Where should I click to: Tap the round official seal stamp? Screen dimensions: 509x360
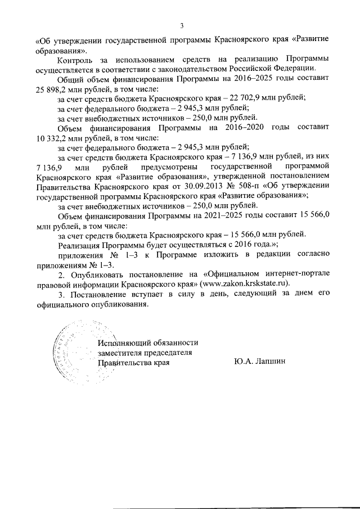pos(70,353)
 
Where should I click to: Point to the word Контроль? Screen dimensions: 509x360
pos(77,58)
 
